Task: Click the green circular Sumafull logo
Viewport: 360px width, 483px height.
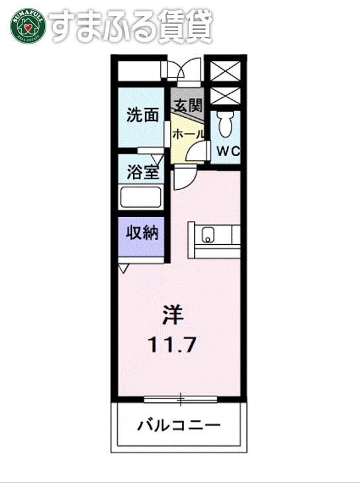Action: click(x=25, y=25)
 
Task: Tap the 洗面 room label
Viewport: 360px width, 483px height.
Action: click(x=142, y=115)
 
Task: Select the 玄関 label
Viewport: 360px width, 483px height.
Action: click(x=187, y=104)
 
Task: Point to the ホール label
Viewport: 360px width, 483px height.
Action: click(x=187, y=133)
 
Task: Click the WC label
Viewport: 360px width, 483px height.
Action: click(x=228, y=151)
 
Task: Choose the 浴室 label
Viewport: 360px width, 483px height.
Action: click(x=142, y=172)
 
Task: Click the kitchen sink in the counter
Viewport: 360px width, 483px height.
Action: click(x=207, y=235)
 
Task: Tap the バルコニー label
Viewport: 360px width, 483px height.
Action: click(x=179, y=425)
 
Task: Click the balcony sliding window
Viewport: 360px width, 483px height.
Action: click(x=180, y=398)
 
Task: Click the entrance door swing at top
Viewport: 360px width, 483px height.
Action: click(x=187, y=70)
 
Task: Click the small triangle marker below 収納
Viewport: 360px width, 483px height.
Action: click(x=124, y=267)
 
